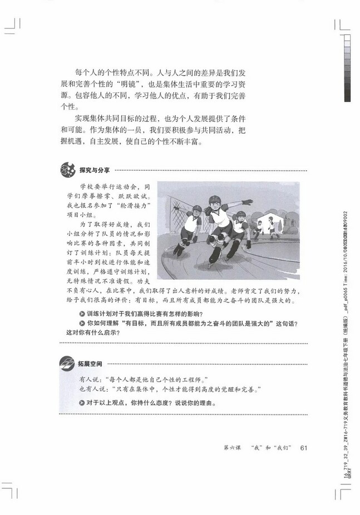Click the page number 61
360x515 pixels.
point(304,448)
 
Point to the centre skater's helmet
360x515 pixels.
point(215,199)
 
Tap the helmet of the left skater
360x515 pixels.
point(196,209)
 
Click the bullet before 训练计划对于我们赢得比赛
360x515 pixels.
point(82,315)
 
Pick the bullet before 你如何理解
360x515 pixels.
point(82,324)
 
